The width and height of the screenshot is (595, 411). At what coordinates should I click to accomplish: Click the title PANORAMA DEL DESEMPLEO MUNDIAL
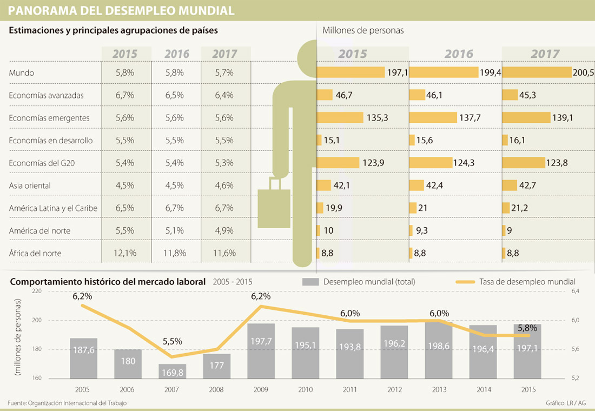pyautogui.click(x=121, y=10)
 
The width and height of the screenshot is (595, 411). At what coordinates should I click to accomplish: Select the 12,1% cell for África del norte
pyautogui.click(x=125, y=253)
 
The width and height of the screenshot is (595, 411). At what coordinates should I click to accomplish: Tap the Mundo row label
pyautogui.click(x=22, y=72)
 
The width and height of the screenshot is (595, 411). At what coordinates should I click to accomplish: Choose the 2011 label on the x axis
pyautogui.click(x=349, y=389)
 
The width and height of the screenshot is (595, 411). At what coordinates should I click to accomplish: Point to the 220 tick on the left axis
pyautogui.click(x=37, y=291)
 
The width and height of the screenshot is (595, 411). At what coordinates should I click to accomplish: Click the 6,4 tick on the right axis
pyautogui.click(x=574, y=291)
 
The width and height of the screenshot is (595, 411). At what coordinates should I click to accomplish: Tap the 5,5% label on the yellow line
pyautogui.click(x=173, y=342)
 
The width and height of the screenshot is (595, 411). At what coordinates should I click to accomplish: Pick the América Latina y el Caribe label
pyautogui.click(x=54, y=208)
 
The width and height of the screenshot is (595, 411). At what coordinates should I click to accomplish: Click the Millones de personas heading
pyautogui.click(x=363, y=30)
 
